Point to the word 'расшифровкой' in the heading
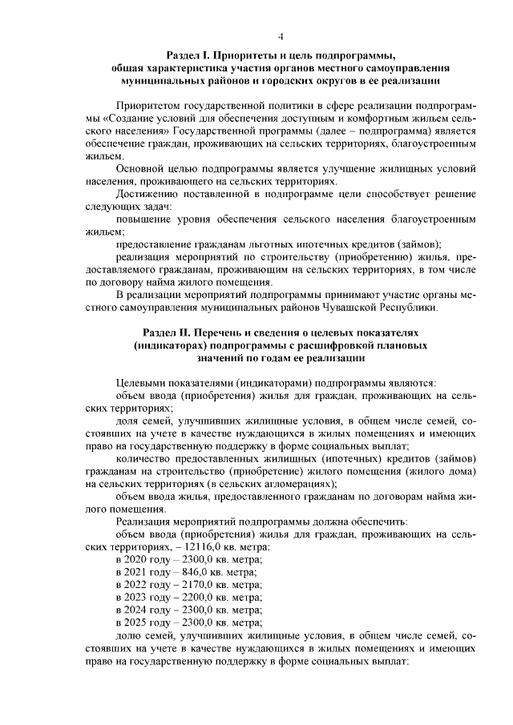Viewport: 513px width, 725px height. tap(342, 345)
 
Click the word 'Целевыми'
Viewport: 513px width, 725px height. tap(139, 382)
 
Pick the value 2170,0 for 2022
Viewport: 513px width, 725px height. tap(196, 585)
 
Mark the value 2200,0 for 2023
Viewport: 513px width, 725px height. tap(196, 598)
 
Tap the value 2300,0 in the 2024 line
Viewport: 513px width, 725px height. tap(196, 610)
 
